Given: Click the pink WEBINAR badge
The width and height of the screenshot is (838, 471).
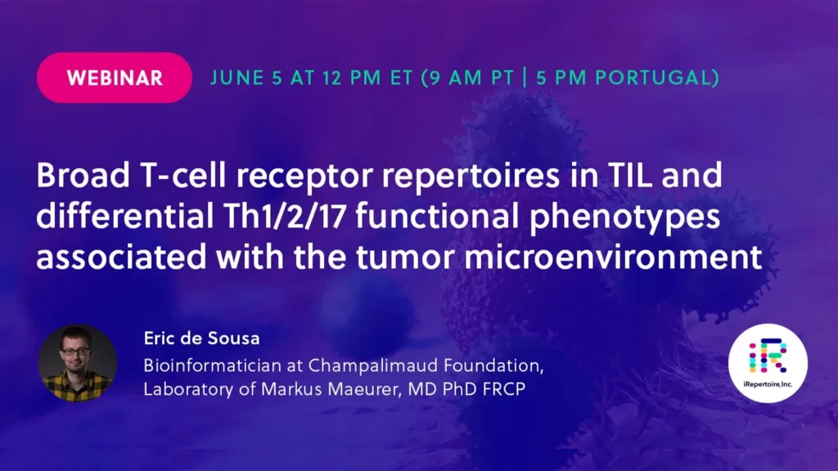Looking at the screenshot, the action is (x=115, y=78).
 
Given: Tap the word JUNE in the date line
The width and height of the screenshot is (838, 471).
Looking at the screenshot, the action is (x=237, y=78).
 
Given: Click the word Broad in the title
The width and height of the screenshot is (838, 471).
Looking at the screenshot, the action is (x=83, y=175).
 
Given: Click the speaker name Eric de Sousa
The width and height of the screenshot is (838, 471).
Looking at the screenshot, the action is (x=201, y=338).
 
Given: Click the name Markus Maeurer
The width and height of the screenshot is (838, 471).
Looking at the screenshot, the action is (x=331, y=388).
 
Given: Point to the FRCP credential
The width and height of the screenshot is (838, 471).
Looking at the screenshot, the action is (x=504, y=388).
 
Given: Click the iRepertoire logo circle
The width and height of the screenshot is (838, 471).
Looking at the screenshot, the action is (x=768, y=363).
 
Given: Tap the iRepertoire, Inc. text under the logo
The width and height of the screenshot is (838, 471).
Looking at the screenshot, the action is (x=768, y=384).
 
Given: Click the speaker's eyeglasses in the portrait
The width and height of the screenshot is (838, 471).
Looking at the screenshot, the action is (x=75, y=351).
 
